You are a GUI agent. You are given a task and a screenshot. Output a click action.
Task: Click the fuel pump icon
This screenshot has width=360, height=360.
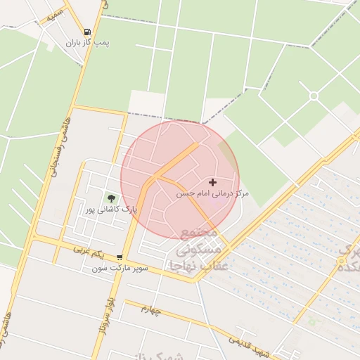(x=87, y=32)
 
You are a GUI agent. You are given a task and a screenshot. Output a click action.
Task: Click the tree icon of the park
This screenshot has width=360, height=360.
(x=110, y=198)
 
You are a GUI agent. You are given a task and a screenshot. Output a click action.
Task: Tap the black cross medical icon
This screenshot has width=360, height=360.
(x=213, y=182)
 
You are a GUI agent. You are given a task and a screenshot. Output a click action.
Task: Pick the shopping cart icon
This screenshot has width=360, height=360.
(x=120, y=258)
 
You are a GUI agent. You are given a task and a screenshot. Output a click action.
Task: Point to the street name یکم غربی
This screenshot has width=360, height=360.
(x=91, y=252)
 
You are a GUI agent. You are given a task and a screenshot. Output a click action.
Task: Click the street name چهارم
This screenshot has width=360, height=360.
(x=150, y=309)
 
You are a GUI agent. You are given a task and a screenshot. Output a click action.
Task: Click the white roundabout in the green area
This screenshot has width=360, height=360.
(x=314, y=96)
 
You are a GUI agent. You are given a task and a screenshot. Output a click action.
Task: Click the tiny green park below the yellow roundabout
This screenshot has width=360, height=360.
(x=311, y=322)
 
